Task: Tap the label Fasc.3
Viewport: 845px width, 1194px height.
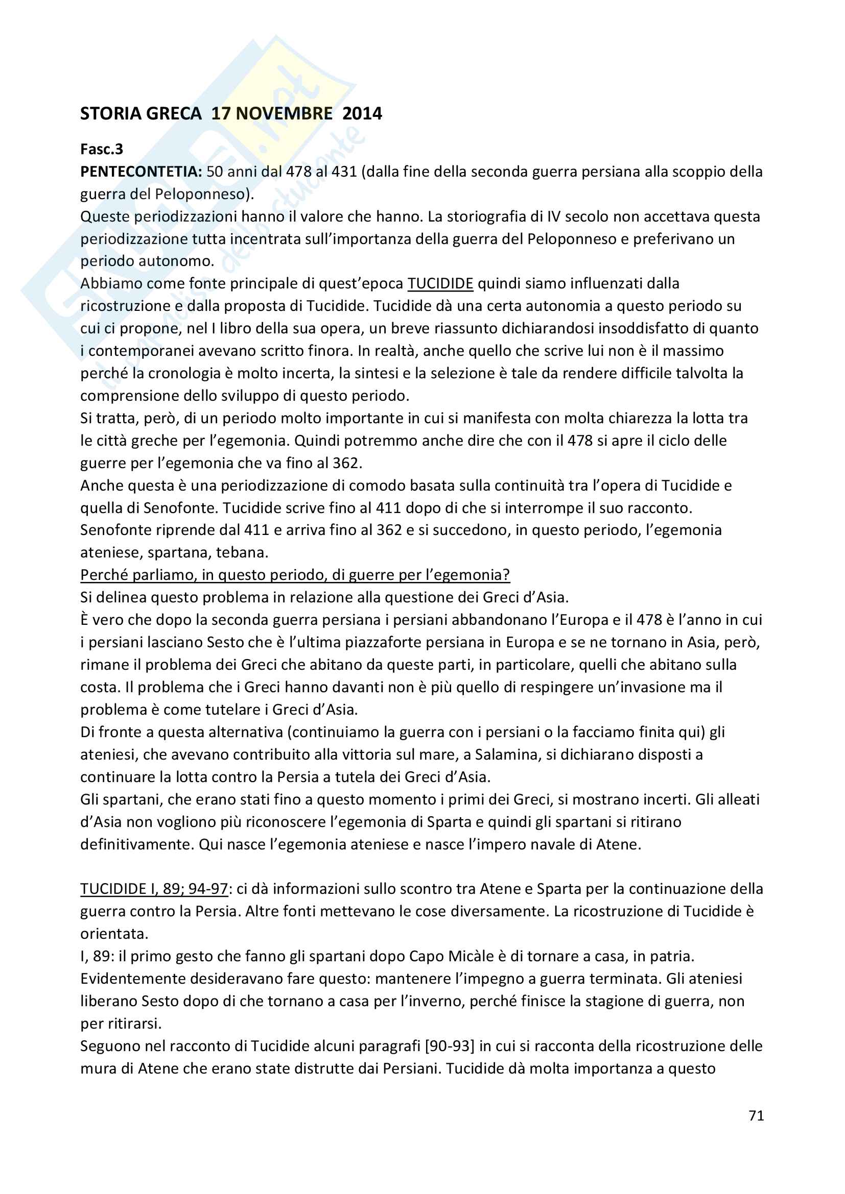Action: [x=102, y=149]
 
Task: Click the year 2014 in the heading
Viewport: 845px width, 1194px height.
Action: [x=362, y=113]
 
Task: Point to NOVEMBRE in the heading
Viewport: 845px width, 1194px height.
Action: [x=284, y=113]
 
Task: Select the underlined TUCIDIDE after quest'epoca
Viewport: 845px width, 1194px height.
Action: [x=440, y=283]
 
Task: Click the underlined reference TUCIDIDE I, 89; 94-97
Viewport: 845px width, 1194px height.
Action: [x=154, y=889]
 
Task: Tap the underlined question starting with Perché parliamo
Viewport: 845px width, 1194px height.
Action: [x=294, y=575]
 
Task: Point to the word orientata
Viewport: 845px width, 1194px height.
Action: [x=114, y=934]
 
